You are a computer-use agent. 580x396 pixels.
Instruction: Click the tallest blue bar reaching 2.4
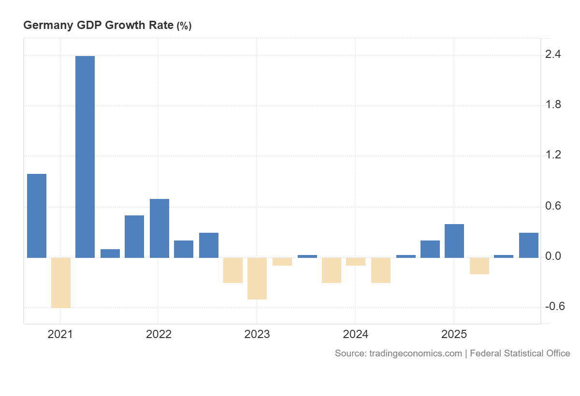click(x=85, y=157)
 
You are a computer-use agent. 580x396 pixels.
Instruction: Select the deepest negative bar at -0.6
click(x=61, y=283)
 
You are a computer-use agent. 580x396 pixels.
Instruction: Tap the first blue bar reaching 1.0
click(x=37, y=215)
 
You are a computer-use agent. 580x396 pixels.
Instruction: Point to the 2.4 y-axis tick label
click(x=553, y=55)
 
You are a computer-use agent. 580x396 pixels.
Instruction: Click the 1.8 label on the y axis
click(x=553, y=105)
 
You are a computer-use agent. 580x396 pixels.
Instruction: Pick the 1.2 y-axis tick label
click(x=553, y=155)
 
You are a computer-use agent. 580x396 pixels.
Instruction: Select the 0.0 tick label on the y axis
click(x=553, y=256)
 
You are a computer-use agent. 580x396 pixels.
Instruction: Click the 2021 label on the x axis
click(x=60, y=334)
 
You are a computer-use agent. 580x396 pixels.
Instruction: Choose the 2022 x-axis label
click(x=159, y=334)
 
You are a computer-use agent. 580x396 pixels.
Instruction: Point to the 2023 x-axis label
click(x=257, y=334)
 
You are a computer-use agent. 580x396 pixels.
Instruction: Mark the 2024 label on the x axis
click(x=355, y=334)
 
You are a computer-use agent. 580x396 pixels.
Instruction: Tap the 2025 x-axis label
click(x=453, y=334)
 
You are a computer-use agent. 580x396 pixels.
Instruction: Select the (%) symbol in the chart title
click(x=184, y=27)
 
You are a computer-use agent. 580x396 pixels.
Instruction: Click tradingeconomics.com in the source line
click(x=415, y=354)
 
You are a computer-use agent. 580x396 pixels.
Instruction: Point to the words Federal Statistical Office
click(x=520, y=354)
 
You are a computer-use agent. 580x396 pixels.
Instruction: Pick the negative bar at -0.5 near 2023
click(x=257, y=278)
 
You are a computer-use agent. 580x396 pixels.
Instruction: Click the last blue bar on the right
click(x=529, y=245)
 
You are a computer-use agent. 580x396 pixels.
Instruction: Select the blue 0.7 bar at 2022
click(x=159, y=228)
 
